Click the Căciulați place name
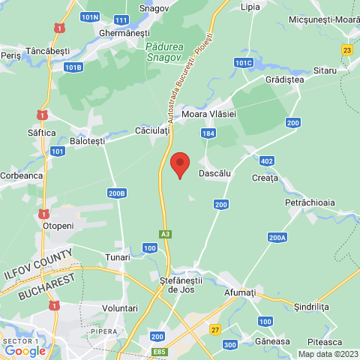pyautogui.click(x=153, y=130)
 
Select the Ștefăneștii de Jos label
pyautogui.click(x=183, y=283)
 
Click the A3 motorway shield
pyautogui.click(x=166, y=234)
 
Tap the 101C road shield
pyautogui.click(x=244, y=63)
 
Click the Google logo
pyautogui.click(x=25, y=350)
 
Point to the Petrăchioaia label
pyautogui.click(x=309, y=202)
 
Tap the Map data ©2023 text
pyautogui.click(x=328, y=354)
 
